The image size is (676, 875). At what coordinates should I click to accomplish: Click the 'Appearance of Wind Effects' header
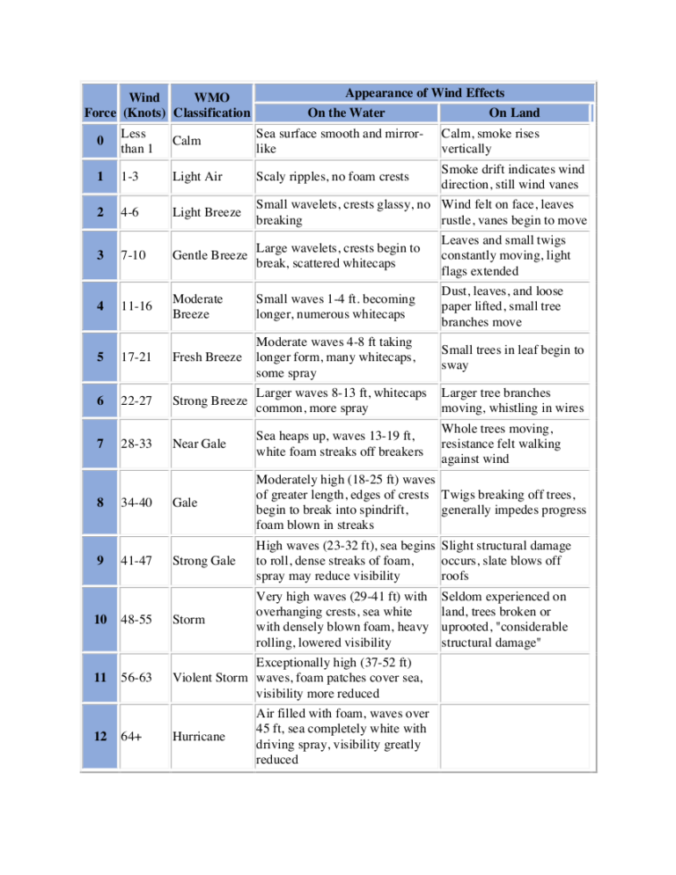(x=424, y=92)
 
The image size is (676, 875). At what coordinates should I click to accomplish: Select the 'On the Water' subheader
(x=346, y=113)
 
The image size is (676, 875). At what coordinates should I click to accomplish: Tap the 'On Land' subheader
(x=514, y=113)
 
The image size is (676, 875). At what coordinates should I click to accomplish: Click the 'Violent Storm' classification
(x=212, y=678)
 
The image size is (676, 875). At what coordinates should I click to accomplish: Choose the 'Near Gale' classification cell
(x=199, y=445)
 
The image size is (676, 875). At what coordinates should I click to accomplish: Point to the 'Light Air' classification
(x=197, y=176)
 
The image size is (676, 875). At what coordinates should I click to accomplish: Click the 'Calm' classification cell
(x=187, y=141)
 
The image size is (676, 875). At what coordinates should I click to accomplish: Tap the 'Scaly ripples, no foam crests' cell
(x=334, y=176)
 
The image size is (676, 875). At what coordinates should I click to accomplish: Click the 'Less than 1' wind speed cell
(x=137, y=141)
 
